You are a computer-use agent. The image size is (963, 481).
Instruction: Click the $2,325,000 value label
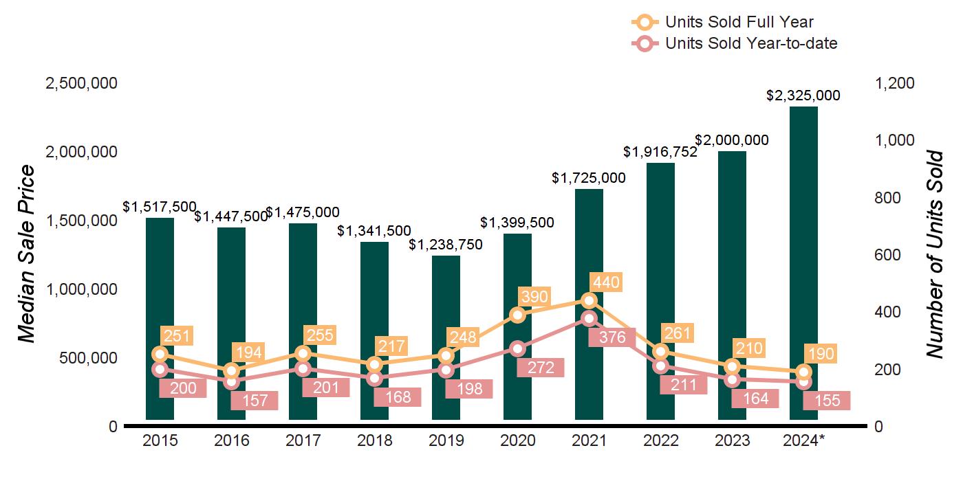(x=803, y=96)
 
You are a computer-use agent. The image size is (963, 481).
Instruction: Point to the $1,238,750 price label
(x=446, y=245)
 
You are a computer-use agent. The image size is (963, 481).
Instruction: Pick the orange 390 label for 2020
(x=535, y=297)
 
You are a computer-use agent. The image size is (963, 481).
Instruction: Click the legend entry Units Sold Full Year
(x=739, y=22)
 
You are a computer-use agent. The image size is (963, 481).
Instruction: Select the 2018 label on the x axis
(x=374, y=440)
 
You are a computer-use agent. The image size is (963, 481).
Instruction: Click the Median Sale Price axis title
(x=25, y=254)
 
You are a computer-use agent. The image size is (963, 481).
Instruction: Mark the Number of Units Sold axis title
(x=934, y=254)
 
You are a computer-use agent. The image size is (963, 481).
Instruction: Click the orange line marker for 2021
(x=589, y=300)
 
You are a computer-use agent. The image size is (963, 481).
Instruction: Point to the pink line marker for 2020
(x=517, y=348)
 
